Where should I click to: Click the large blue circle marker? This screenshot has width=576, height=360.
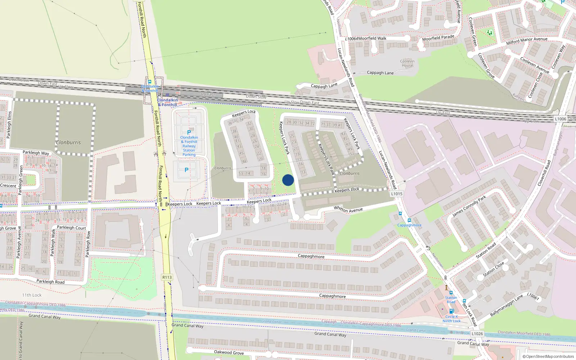288,180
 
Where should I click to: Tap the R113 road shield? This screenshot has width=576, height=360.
167,277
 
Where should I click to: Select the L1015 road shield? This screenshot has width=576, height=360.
397,194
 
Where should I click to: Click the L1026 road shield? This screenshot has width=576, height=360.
477,334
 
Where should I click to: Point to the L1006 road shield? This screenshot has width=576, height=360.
561,119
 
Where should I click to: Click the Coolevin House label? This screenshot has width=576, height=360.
407,63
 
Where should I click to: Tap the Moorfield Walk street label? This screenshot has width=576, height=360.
372,38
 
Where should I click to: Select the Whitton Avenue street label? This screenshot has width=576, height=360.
348,209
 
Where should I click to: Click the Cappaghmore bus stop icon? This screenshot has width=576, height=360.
409,220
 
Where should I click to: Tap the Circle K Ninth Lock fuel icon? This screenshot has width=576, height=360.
451,311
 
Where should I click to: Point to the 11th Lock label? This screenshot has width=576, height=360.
32,295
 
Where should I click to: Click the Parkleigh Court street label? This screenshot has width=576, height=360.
71,228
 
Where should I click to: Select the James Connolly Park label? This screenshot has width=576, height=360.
469,206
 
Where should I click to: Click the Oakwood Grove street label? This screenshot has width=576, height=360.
229,352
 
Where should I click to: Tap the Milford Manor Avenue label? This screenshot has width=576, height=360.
527,41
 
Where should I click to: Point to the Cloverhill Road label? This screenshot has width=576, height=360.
544,173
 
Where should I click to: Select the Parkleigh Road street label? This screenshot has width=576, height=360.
50,282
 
